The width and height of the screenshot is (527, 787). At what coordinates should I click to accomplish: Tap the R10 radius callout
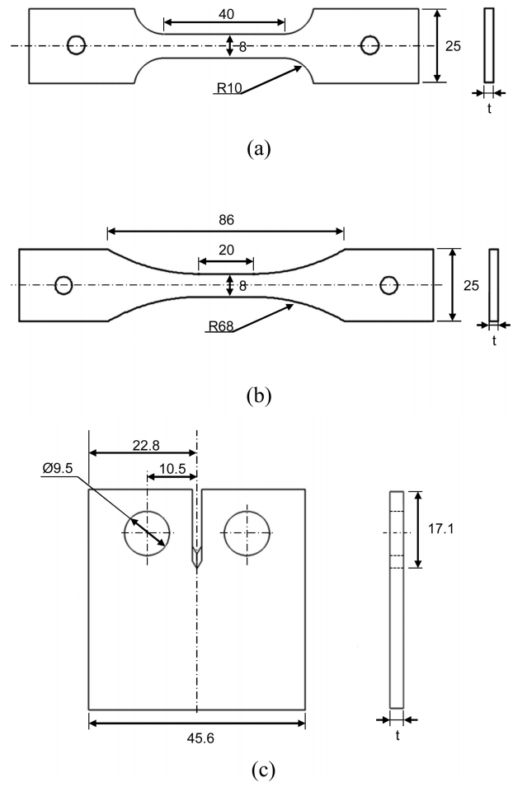[x=228, y=89]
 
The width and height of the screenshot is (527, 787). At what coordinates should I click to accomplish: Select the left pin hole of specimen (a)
[x=77, y=45]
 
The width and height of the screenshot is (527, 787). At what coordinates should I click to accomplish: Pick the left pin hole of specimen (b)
[x=64, y=285]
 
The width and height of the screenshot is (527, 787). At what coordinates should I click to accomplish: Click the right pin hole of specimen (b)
[x=388, y=285]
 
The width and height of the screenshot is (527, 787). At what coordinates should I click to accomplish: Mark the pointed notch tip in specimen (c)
[x=196, y=564]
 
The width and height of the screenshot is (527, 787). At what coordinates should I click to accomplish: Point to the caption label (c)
[x=258, y=771]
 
